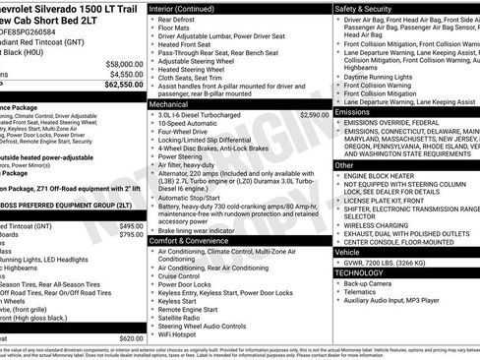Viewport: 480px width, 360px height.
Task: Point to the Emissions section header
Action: tap(353, 113)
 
